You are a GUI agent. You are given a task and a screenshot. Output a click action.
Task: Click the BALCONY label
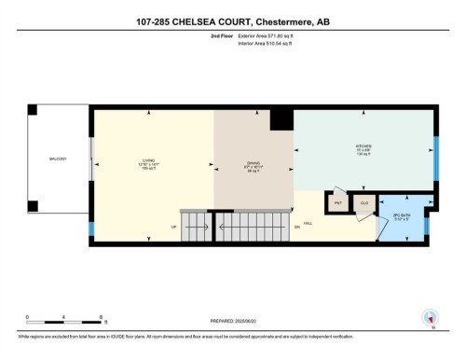58,159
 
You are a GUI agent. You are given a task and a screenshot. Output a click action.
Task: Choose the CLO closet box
363,203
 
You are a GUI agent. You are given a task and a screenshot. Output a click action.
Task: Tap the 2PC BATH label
401,217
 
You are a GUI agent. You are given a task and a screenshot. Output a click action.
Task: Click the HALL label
332,224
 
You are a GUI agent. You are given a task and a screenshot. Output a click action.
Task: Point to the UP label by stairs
173,228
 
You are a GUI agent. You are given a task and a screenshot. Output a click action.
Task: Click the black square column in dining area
281,118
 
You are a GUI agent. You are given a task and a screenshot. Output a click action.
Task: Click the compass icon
430,317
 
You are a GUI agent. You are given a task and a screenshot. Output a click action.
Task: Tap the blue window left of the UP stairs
90,228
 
